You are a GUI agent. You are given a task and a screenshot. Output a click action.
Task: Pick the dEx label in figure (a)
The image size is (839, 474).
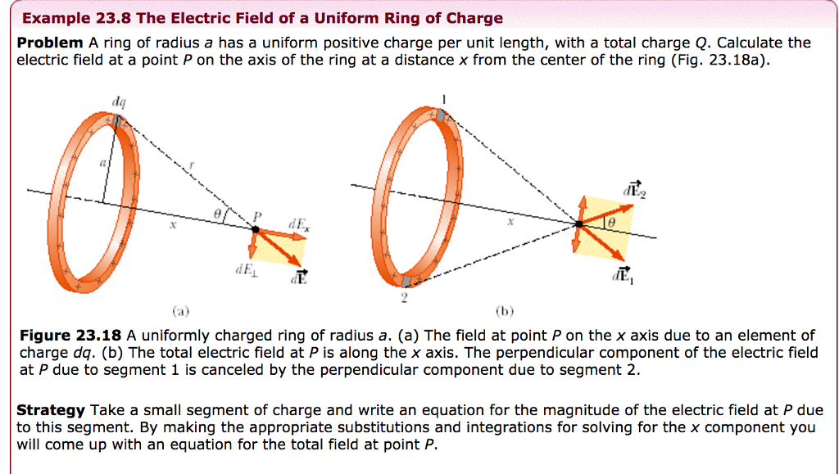coord(297,222)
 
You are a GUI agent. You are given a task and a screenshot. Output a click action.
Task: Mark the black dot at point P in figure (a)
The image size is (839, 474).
coord(255,229)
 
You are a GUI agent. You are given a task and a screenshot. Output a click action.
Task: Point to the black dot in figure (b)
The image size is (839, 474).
coord(579,223)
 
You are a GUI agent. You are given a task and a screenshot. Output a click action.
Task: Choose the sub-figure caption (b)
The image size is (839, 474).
coord(505,311)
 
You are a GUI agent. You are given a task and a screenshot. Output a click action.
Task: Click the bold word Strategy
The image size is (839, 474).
coord(51,410)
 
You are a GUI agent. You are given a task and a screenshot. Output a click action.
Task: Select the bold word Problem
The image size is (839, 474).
coord(50,43)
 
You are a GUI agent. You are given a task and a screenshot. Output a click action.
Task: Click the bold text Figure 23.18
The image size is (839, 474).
coord(70,335)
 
